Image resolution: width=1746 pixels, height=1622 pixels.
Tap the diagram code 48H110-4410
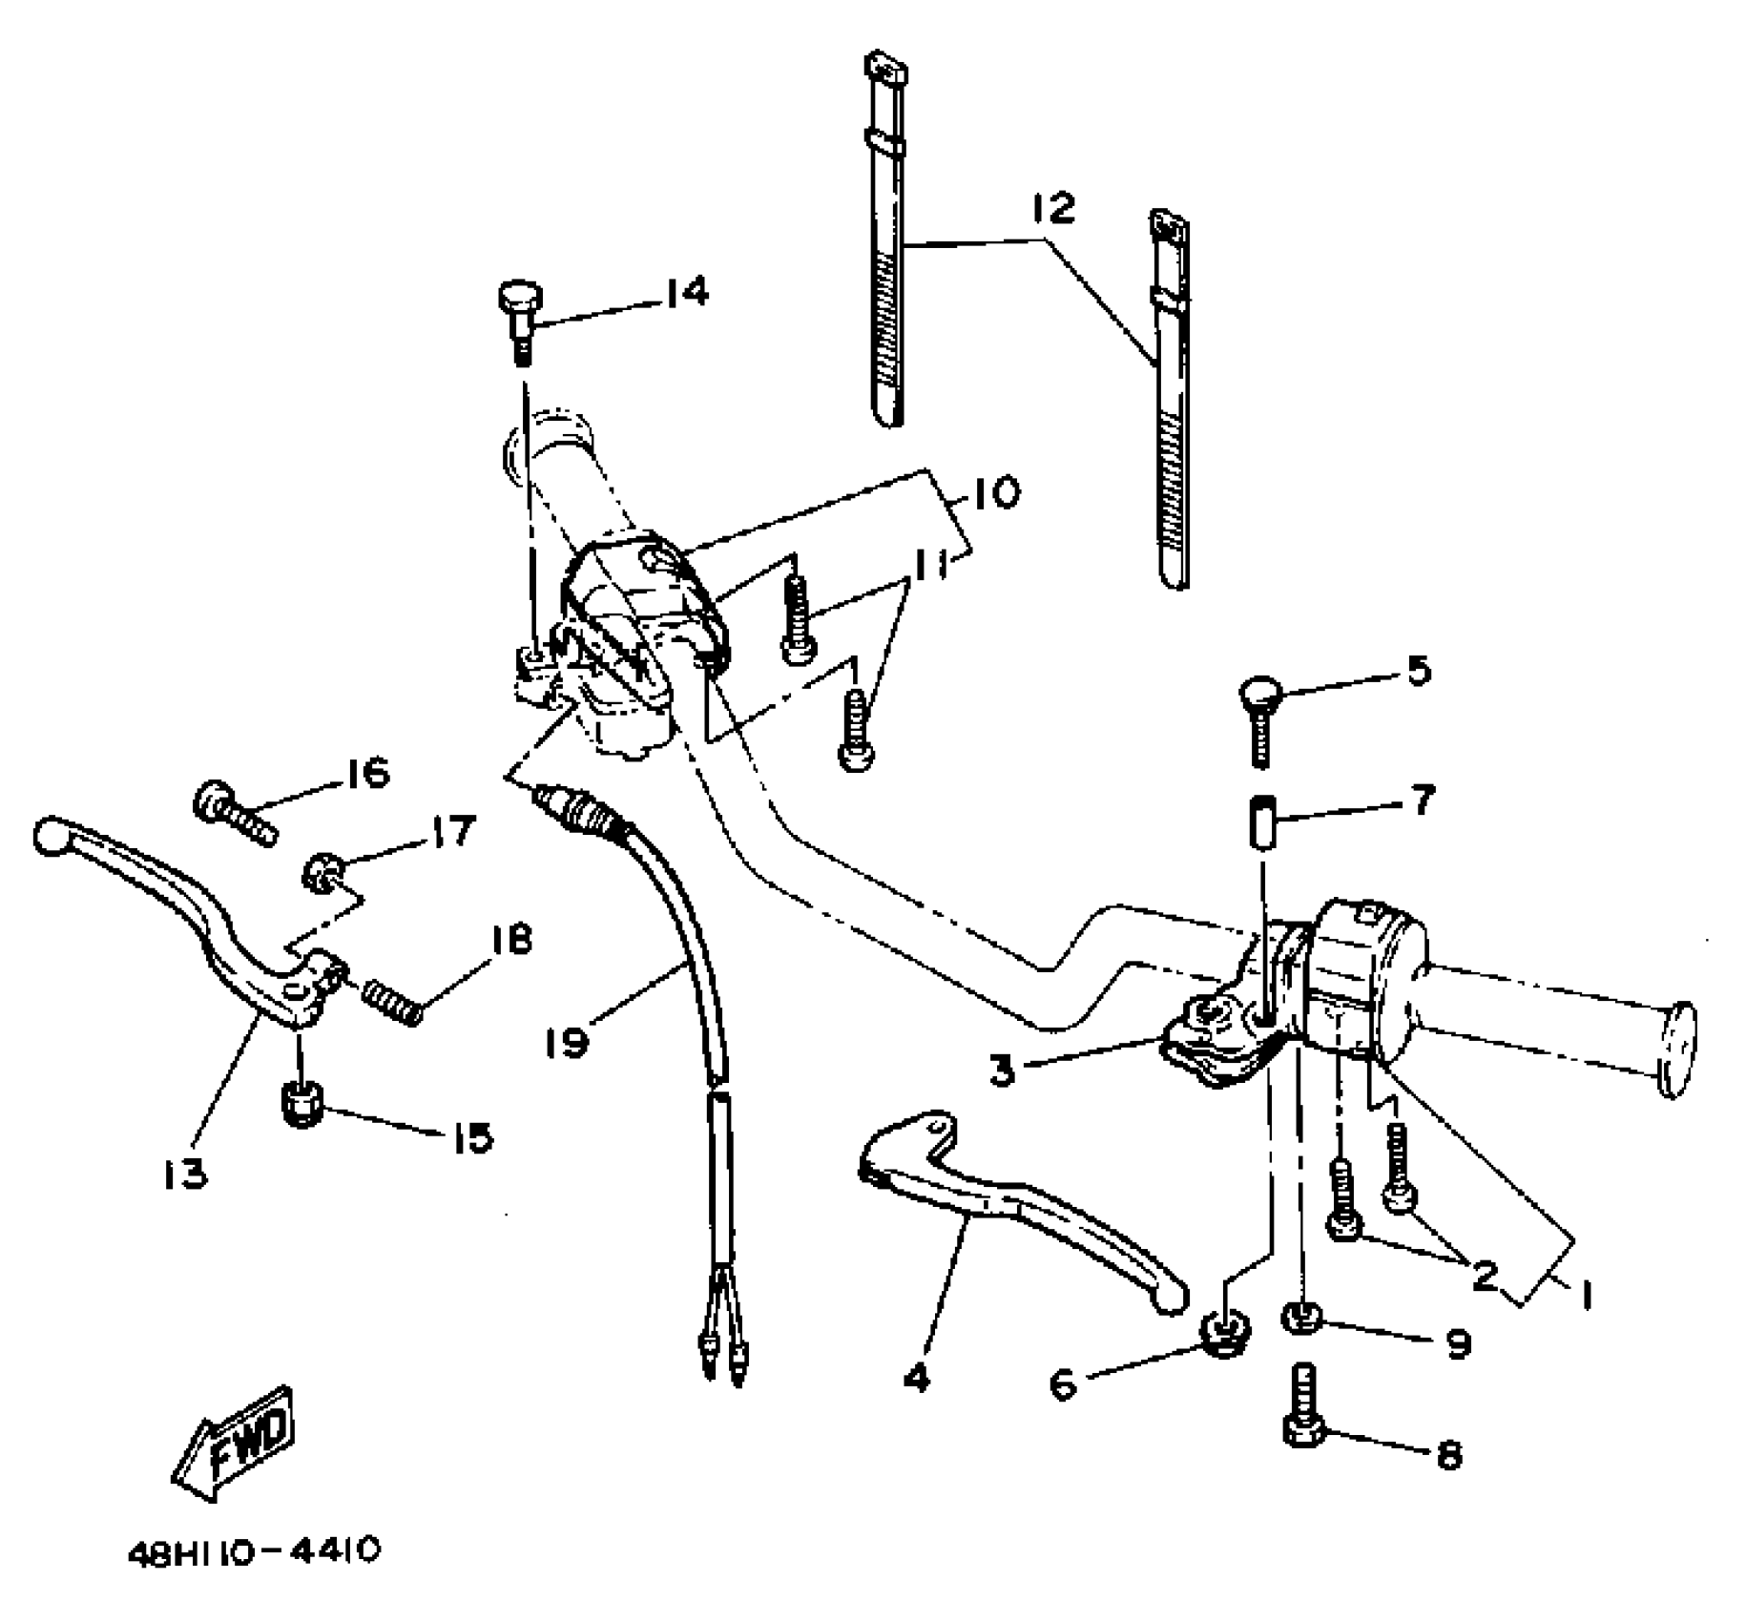254,1552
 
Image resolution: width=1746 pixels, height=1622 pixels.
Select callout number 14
686,293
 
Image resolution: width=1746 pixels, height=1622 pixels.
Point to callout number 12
1052,208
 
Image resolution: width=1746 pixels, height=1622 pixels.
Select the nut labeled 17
319,871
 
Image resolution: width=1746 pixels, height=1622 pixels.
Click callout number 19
568,1041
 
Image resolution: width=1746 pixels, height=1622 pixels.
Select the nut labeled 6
1221,1331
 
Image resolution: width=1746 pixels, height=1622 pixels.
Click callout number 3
1001,1071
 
